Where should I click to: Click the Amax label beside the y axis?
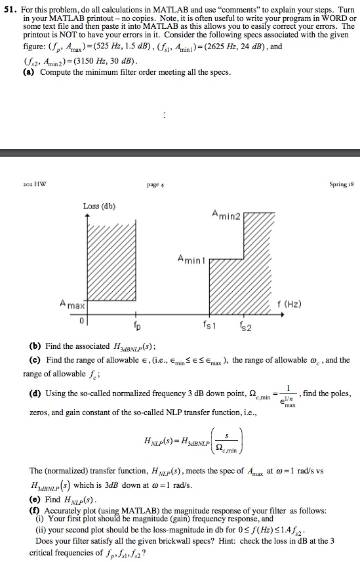pos(72,305)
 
